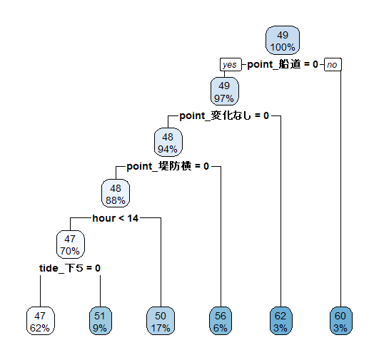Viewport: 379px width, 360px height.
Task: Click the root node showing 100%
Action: [283, 41]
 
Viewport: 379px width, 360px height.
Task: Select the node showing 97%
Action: [225, 91]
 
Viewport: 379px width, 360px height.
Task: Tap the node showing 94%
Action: [168, 142]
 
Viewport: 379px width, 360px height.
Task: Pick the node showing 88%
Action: [116, 193]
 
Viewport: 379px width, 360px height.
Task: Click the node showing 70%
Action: [71, 245]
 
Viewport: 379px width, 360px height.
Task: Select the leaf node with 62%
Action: [41, 321]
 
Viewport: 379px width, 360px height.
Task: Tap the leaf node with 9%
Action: [101, 321]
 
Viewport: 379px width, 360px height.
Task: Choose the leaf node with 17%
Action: [161, 321]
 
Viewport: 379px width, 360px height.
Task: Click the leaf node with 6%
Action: [221, 321]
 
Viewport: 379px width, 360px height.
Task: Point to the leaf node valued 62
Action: [281, 321]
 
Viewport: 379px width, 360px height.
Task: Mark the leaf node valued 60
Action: [341, 321]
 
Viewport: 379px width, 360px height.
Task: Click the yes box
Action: [231, 64]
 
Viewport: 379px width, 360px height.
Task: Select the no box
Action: [333, 64]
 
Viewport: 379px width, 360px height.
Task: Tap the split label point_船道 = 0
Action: [283, 64]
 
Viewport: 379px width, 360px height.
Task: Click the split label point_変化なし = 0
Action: [224, 115]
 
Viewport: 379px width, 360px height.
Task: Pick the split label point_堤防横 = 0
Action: [168, 166]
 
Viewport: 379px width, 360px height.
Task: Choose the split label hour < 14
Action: [116, 218]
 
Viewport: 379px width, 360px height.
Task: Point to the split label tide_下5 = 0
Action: [70, 268]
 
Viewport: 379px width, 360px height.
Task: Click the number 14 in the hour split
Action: [133, 218]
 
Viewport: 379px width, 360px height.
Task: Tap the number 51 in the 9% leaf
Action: [100, 316]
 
